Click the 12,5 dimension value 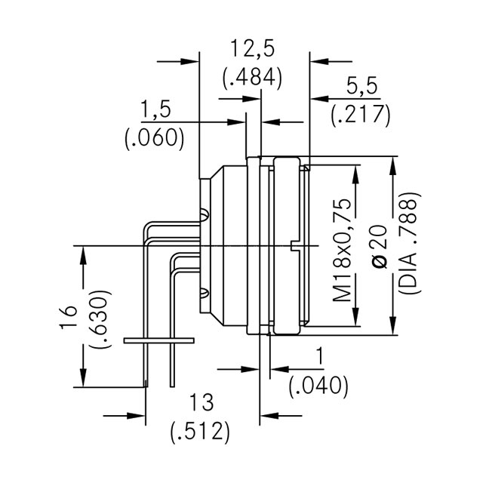252,50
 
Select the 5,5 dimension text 361,87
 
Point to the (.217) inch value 361,115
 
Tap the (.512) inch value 198,432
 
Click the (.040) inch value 318,386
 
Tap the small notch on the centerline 293,245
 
